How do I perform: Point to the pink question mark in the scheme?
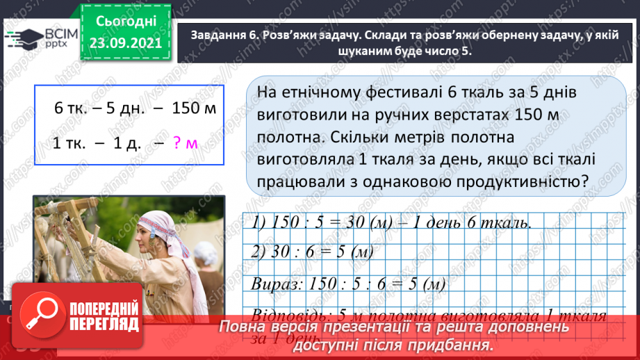point(177,143)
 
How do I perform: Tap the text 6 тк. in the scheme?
point(68,108)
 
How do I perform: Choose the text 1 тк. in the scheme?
point(68,143)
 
